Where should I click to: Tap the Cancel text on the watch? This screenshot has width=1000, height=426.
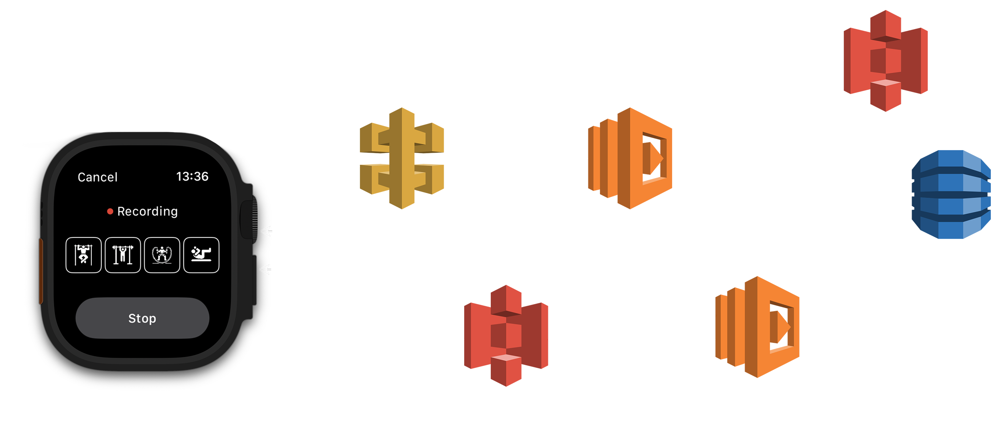point(97,177)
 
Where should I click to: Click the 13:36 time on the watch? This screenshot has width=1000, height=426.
point(192,176)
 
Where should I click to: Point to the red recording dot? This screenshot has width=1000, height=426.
point(110,211)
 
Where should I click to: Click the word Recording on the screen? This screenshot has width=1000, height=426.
point(147,211)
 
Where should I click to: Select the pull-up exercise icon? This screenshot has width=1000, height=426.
point(83,255)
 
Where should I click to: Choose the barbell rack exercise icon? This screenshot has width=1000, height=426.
point(123,255)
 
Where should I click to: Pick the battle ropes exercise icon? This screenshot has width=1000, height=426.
point(162,255)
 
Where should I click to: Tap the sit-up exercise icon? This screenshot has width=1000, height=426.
point(201,255)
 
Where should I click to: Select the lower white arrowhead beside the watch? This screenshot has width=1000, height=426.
point(266,270)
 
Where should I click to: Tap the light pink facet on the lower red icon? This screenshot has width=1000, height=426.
point(506,358)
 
